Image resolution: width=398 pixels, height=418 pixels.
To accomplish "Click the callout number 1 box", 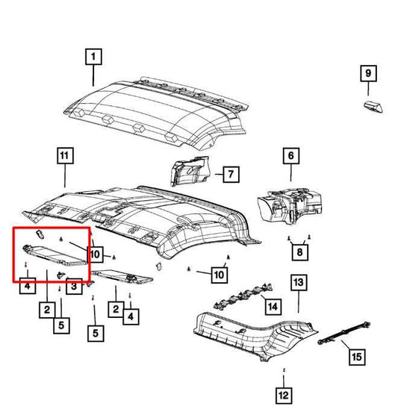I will (93, 56).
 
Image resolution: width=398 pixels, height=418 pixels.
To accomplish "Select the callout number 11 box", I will (64, 156).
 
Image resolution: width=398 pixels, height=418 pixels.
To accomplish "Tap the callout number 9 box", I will (367, 74).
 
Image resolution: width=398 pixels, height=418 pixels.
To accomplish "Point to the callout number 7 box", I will (230, 175).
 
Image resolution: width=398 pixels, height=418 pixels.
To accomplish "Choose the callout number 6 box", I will (289, 156).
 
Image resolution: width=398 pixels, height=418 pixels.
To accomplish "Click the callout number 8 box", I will (299, 254).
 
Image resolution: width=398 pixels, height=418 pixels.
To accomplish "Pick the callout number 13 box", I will (298, 282).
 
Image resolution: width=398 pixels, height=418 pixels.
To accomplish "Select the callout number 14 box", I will (272, 306).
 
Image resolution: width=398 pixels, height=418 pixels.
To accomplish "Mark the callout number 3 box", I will (75, 284).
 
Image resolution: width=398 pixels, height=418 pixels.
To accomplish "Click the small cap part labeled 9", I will (373, 105).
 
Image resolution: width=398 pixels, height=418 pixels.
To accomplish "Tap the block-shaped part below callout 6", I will (291, 204).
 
